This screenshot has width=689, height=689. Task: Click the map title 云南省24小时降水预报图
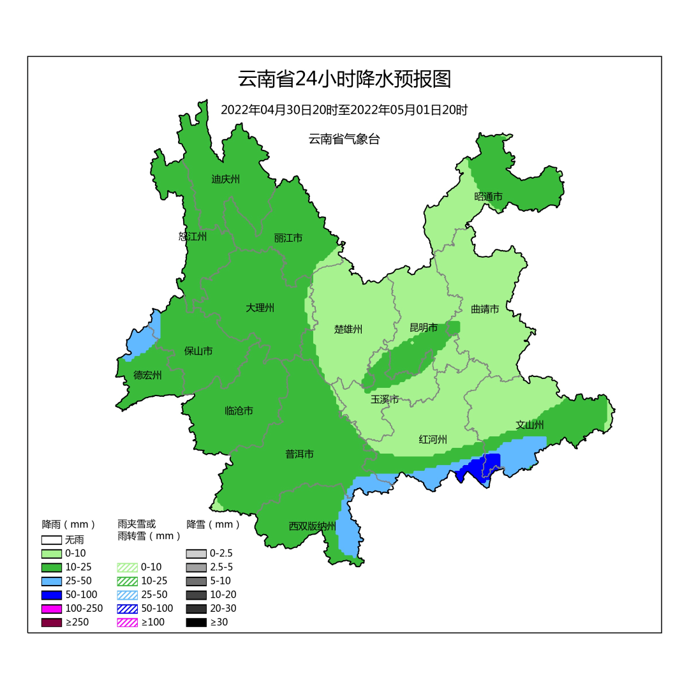[344, 79]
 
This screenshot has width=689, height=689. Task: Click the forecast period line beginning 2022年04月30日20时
[344, 110]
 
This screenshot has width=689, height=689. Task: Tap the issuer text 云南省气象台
[344, 139]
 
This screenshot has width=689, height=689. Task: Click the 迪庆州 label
[225, 179]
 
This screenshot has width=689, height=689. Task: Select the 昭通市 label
[488, 196]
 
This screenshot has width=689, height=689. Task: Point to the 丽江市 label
[288, 238]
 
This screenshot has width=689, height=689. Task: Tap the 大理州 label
[260, 308]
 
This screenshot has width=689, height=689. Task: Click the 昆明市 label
[424, 328]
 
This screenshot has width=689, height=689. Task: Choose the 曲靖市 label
[485, 309]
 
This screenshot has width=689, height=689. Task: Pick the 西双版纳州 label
[312, 526]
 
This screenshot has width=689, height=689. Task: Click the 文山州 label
[530, 425]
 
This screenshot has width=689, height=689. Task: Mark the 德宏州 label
[147, 375]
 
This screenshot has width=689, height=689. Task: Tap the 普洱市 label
[299, 454]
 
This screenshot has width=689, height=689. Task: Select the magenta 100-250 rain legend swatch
[52, 609]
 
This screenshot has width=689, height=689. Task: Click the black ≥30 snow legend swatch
[196, 622]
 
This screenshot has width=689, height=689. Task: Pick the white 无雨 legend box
[52, 540]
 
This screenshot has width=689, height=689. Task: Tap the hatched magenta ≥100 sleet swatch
[128, 622]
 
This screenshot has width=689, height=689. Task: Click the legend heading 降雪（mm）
[214, 524]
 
